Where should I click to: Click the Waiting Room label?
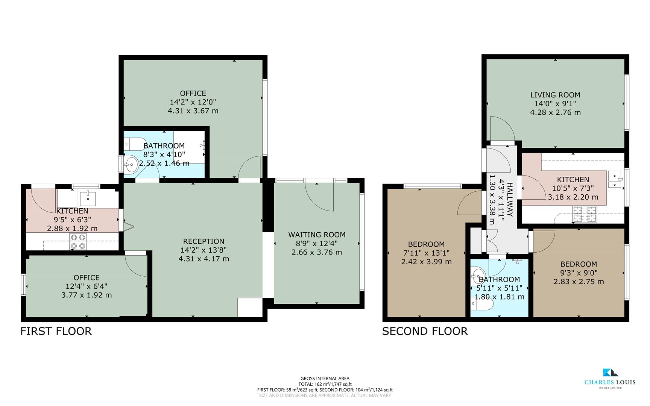click(x=317, y=235)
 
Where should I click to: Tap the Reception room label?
click(x=204, y=241)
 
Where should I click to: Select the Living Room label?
click(x=555, y=95)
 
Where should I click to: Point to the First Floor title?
click(x=56, y=331)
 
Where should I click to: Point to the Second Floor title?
click(x=425, y=331)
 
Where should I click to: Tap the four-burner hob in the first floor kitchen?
click(x=78, y=241)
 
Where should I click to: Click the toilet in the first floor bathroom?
click(x=134, y=144)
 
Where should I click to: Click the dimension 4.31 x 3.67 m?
click(x=193, y=111)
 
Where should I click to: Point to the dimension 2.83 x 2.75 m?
click(x=579, y=282)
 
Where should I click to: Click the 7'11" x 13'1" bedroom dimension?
click(x=426, y=253)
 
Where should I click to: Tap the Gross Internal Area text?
click(x=325, y=379)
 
